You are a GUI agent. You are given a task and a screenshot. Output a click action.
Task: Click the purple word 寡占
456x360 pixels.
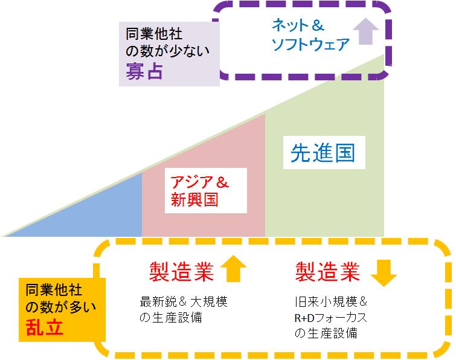(144, 72)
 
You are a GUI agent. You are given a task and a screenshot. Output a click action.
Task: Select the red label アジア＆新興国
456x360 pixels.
(198, 191)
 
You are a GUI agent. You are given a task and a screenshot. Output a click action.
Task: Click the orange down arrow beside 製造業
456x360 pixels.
(383, 273)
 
